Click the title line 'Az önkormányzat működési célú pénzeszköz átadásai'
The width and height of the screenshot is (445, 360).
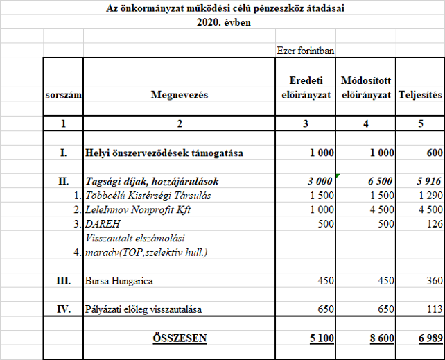click(x=225, y=8)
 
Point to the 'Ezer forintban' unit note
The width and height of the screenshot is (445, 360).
click(x=306, y=50)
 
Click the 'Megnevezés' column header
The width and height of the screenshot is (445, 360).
click(x=179, y=95)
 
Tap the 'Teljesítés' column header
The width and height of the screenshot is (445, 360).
click(x=420, y=95)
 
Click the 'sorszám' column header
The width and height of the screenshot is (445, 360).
click(x=63, y=95)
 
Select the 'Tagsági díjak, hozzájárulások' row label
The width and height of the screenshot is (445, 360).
click(x=152, y=181)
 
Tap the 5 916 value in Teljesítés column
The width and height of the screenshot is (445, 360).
click(x=427, y=181)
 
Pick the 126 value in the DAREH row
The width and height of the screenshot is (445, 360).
click(x=432, y=224)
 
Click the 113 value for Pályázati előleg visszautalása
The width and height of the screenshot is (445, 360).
click(x=432, y=309)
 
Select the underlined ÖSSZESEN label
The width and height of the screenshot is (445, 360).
click(x=179, y=338)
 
